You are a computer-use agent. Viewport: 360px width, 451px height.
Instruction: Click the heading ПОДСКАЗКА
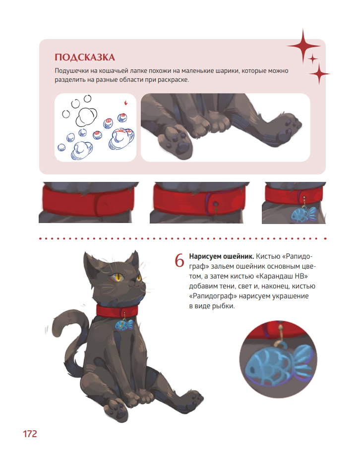click(x=85, y=57)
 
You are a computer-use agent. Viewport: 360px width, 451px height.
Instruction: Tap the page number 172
click(x=30, y=434)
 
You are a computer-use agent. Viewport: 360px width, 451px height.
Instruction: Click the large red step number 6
click(x=180, y=261)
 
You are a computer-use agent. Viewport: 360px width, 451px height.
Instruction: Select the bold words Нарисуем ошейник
click(x=221, y=256)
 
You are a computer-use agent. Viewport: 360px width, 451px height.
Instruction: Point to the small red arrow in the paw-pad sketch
click(x=125, y=103)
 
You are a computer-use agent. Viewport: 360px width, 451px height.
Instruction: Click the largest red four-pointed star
click(x=303, y=46)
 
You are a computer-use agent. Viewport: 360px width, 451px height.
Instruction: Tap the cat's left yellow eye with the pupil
click(x=119, y=278)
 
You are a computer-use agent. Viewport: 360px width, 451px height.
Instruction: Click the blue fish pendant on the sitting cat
click(x=124, y=325)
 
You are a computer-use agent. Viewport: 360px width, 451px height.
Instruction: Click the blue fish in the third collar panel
click(x=303, y=215)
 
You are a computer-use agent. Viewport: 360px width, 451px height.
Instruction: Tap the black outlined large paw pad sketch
click(x=86, y=116)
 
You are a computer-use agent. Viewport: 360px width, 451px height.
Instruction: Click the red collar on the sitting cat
click(x=117, y=311)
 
